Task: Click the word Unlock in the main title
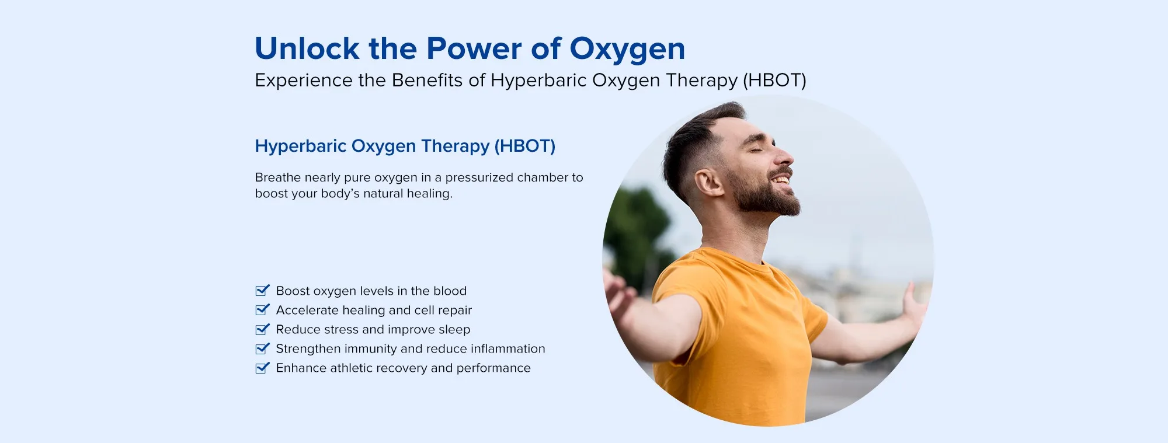[307, 48]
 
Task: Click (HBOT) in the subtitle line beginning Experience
[774, 80]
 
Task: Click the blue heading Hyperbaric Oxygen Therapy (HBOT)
[405, 146]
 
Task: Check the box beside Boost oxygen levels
[263, 290]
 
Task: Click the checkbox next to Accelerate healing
[263, 309]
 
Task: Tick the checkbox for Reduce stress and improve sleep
[263, 329]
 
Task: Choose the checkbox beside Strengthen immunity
[263, 348]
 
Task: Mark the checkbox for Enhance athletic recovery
[263, 368]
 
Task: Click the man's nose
[785, 156]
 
